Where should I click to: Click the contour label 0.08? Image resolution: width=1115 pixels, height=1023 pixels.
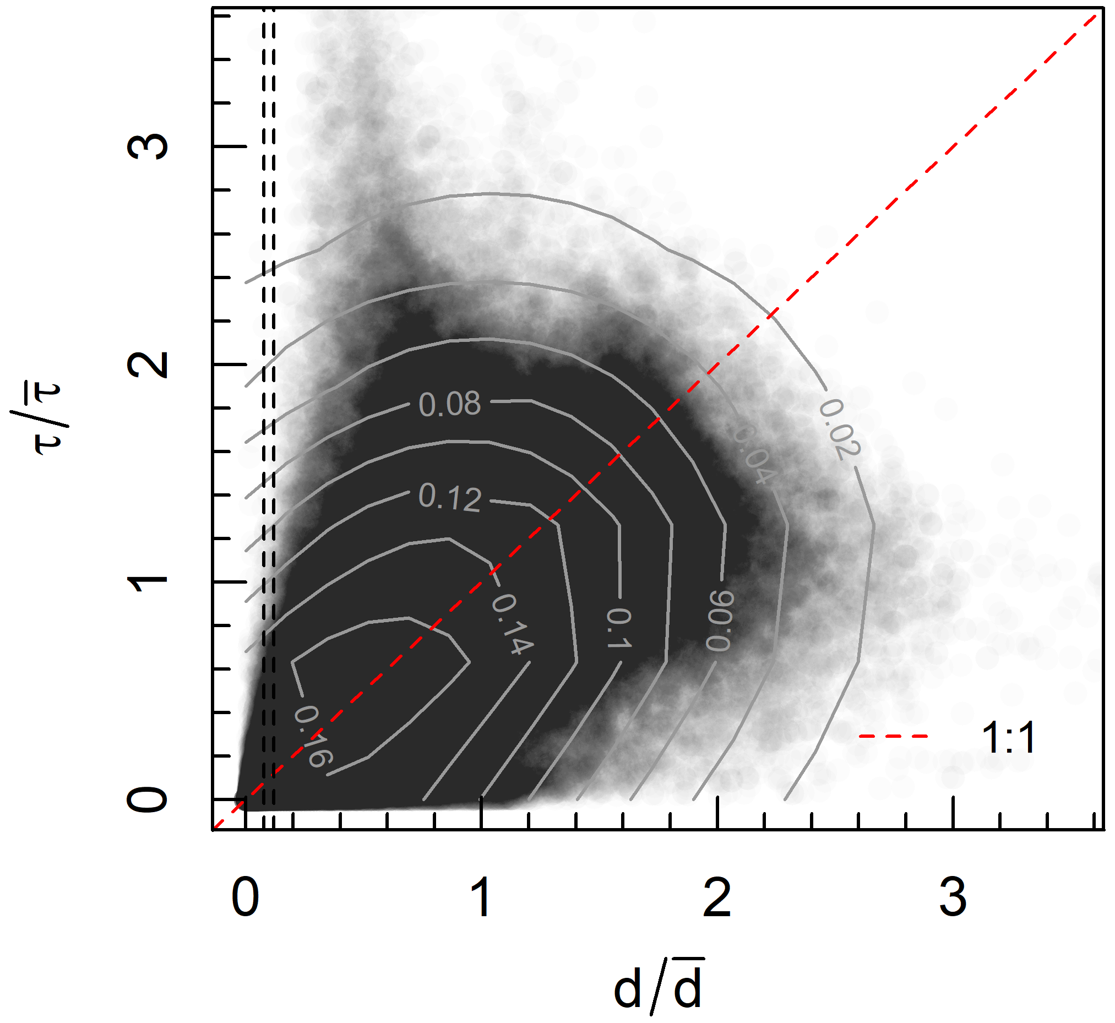click(x=449, y=404)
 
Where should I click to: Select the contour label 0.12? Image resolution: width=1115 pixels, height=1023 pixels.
click(x=449, y=497)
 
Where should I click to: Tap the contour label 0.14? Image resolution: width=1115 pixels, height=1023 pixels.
click(x=513, y=624)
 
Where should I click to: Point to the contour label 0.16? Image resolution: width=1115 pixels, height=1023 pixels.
click(x=313, y=737)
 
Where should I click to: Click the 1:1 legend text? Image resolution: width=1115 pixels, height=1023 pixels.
click(x=1008, y=738)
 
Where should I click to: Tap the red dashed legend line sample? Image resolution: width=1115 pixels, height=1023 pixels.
click(x=893, y=737)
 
